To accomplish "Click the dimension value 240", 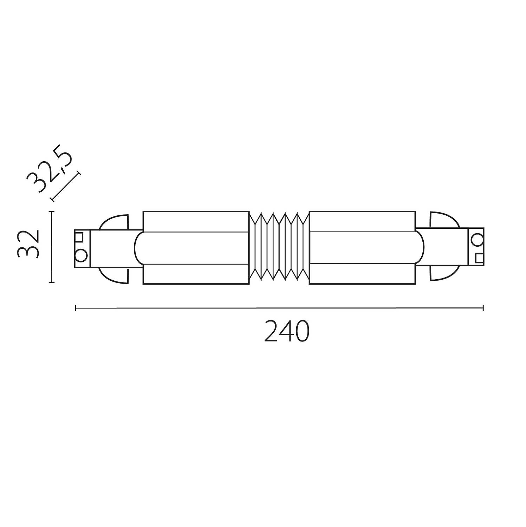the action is pos(287,331).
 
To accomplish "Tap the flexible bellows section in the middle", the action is pos(279,248).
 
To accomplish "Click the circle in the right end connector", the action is pos(476,240).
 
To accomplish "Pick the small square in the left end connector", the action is pos(80,236).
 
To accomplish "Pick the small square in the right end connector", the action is pos(478,258).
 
